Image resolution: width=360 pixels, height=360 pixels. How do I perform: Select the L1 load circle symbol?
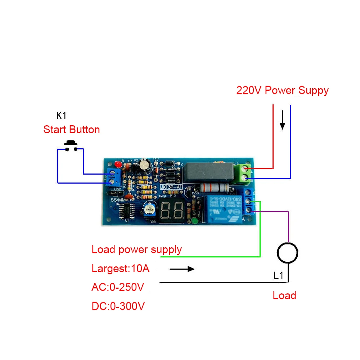pyautogui.click(x=287, y=253)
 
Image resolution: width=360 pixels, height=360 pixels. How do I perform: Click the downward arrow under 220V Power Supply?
pyautogui.click(x=283, y=120)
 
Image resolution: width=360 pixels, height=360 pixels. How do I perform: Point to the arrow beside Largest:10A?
pyautogui.click(x=182, y=269)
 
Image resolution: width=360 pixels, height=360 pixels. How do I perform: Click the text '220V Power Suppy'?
pyautogui.click(x=282, y=90)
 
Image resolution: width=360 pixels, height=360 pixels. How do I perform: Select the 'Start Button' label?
pyautogui.click(x=72, y=130)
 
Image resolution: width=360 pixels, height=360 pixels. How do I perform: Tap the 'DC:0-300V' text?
pyautogui.click(x=118, y=306)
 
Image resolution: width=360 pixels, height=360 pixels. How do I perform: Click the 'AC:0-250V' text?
pyautogui.click(x=118, y=287)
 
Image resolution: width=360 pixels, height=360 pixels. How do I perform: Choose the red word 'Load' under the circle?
pyautogui.click(x=284, y=296)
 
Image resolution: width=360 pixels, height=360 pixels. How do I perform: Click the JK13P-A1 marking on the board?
pyautogui.click(x=171, y=187)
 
